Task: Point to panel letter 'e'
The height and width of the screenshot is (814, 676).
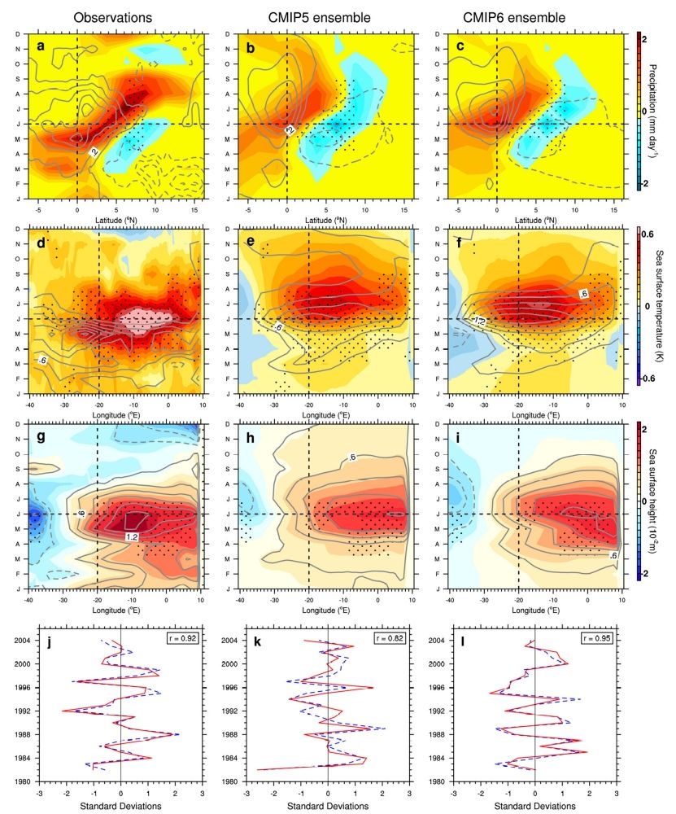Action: pos(250,242)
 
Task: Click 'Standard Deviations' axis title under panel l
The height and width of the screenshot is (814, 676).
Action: pos(534,806)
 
